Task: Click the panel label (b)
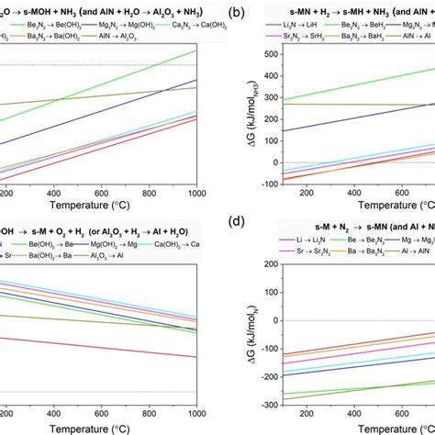pos(236,14)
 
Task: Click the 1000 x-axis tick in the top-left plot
pos(196,193)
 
